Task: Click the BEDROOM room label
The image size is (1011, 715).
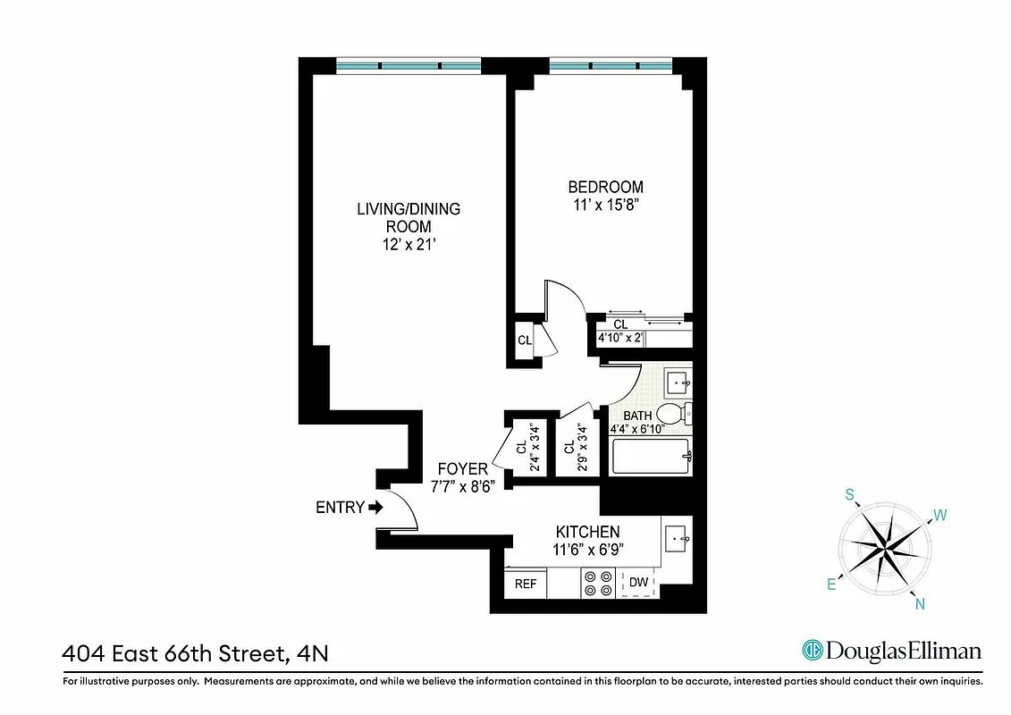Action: tap(605, 187)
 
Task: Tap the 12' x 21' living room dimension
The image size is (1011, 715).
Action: tap(409, 244)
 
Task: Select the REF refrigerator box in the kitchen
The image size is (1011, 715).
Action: tap(526, 584)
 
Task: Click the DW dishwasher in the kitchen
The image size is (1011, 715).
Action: tap(638, 583)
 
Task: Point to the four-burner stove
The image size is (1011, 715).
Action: tap(598, 583)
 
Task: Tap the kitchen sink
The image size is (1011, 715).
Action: tap(677, 538)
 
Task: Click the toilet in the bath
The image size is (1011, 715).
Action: tap(672, 414)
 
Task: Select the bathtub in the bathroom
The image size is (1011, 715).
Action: tap(651, 458)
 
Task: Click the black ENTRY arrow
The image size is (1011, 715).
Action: tap(375, 507)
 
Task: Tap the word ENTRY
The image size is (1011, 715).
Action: tap(340, 508)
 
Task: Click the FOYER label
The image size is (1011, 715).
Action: tap(462, 468)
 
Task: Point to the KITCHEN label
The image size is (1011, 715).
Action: tap(587, 532)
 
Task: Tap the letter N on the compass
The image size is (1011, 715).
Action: tap(918, 604)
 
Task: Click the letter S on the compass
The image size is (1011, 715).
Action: tap(851, 494)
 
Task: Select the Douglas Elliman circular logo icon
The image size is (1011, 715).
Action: tap(813, 651)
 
